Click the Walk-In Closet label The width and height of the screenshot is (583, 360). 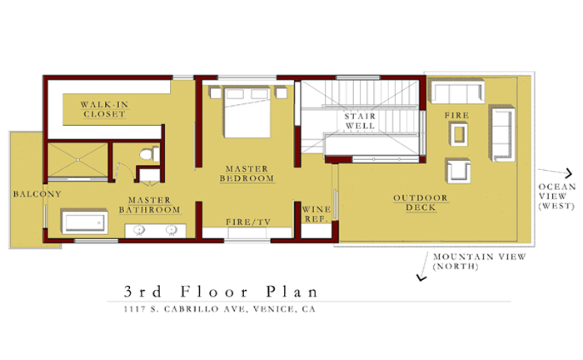[104, 109]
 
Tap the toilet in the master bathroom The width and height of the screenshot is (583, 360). [149, 154]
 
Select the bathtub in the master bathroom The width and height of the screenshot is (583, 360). [85, 222]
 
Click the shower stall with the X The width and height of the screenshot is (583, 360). [78, 160]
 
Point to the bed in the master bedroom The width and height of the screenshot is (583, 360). [247, 112]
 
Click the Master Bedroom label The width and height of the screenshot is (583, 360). [247, 173]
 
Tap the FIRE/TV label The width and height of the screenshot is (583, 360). [248, 222]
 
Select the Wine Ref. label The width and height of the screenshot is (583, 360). [316, 214]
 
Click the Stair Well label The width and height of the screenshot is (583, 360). [360, 121]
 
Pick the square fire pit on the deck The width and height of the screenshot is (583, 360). [459, 134]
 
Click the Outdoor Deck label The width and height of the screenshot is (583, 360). [421, 202]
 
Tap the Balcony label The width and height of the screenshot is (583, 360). [37, 194]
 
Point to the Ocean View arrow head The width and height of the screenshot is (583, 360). [569, 173]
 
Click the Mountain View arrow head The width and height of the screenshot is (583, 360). [421, 277]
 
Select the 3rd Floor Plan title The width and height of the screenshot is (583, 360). [221, 292]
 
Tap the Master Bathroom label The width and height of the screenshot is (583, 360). [149, 205]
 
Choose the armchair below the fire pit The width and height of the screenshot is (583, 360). [458, 171]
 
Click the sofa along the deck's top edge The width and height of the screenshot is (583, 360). [458, 92]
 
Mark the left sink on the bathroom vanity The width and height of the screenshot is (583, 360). [139, 230]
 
